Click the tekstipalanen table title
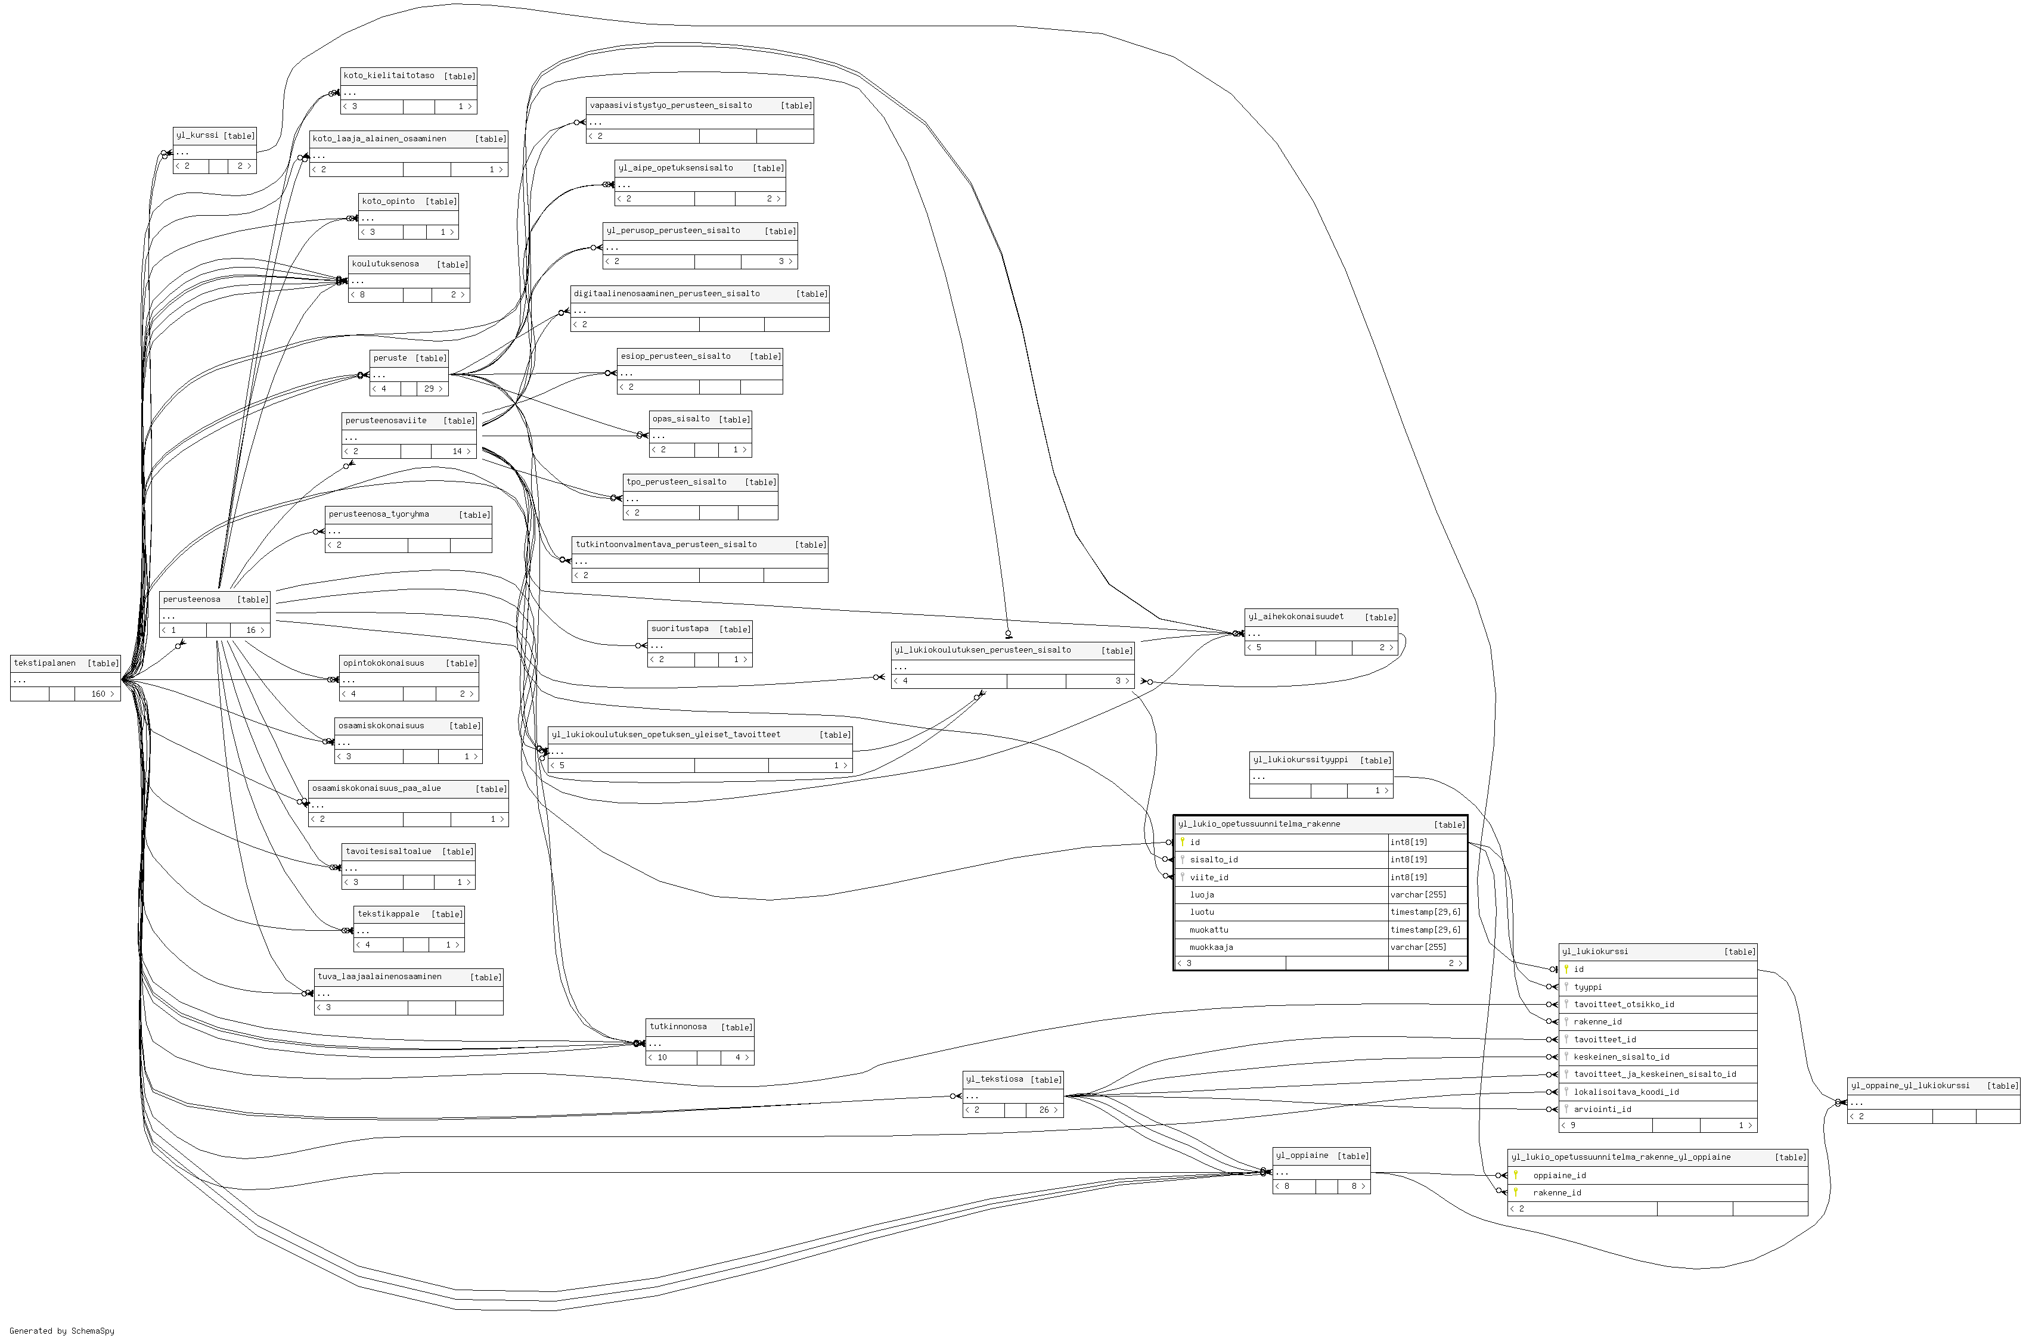click(x=45, y=663)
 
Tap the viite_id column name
click(x=1209, y=877)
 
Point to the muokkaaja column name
click(x=1211, y=948)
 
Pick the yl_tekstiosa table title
click(x=995, y=1079)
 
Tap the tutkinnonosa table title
click(x=678, y=1027)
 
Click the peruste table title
click(x=390, y=358)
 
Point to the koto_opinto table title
click(x=388, y=201)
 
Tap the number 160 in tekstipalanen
click(x=98, y=694)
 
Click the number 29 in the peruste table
click(x=429, y=389)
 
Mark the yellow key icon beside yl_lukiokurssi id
click(x=1566, y=970)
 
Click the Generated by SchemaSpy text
click(x=61, y=1331)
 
